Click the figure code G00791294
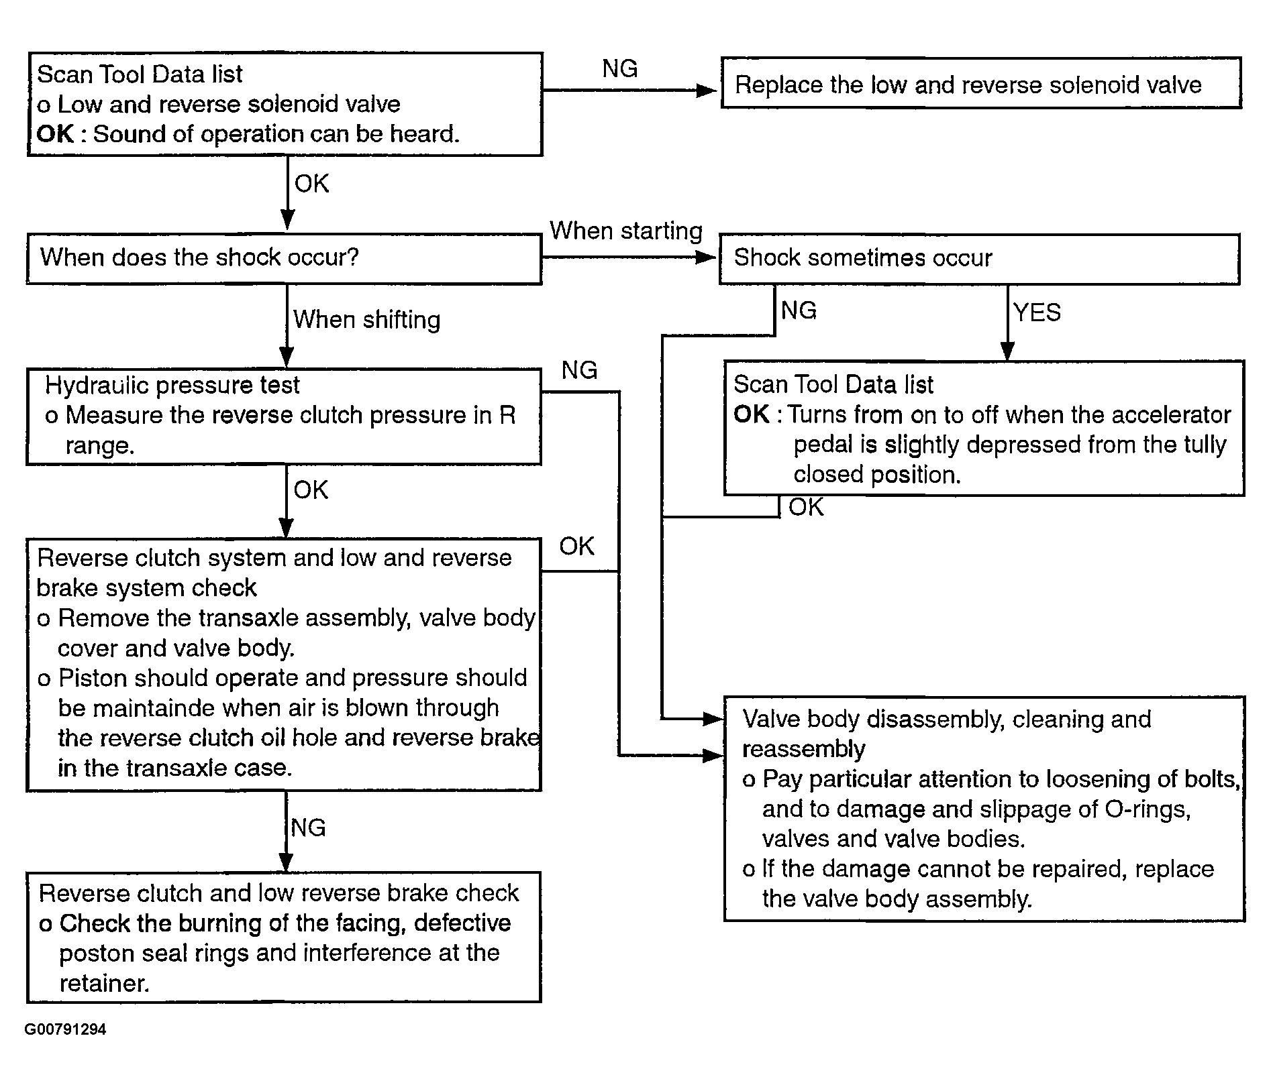(x=65, y=1029)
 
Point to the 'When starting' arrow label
(x=626, y=231)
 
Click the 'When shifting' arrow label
(x=367, y=320)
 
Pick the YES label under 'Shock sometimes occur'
(x=1037, y=312)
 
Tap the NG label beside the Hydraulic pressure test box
(x=579, y=370)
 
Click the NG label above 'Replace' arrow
(x=619, y=68)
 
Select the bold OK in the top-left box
(x=55, y=134)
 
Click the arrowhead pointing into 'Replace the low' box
(x=708, y=90)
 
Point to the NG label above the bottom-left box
(x=308, y=827)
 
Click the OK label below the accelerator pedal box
(x=805, y=508)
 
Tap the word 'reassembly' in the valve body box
(x=803, y=749)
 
